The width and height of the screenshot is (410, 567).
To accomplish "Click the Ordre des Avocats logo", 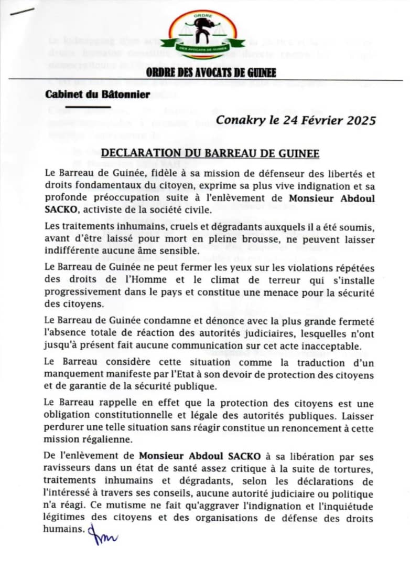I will pos(203,35).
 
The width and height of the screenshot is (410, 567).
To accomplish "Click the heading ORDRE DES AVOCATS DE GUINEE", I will pos(211,73).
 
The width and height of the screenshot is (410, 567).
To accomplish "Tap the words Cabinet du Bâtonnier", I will pos(98,94).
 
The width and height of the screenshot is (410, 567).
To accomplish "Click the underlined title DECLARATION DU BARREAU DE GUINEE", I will pos(210,153).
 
